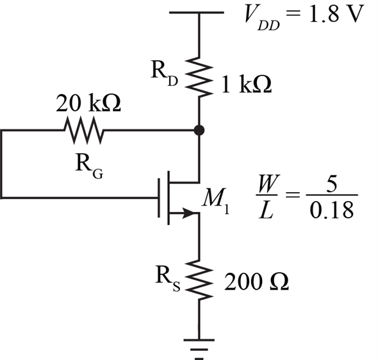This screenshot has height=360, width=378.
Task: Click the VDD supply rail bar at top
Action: pyautogui.click(x=197, y=12)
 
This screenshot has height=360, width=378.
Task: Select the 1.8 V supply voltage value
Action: pyautogui.click(x=335, y=14)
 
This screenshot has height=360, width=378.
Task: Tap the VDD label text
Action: pyautogui.click(x=261, y=17)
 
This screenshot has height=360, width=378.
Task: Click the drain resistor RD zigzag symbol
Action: pyautogui.click(x=199, y=77)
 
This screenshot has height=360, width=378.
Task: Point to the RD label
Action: pyautogui.click(x=165, y=73)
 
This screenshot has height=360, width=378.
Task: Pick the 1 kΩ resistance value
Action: pyautogui.click(x=247, y=85)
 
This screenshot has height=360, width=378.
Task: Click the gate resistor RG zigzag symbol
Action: pyautogui.click(x=83, y=131)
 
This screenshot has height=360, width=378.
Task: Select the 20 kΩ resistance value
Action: pyautogui.click(x=88, y=103)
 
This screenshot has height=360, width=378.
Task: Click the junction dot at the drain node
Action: pyautogui.click(x=199, y=131)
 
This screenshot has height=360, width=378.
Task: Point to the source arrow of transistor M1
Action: pyautogui.click(x=188, y=213)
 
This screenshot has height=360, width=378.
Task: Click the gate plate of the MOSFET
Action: pyautogui.click(x=159, y=198)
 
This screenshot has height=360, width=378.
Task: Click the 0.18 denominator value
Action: pyautogui.click(x=332, y=210)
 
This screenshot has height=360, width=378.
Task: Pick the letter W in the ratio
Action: pyautogui.click(x=268, y=184)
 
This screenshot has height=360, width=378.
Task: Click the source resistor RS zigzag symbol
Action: pyautogui.click(x=199, y=280)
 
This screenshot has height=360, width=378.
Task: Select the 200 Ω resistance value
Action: pyautogui.click(x=256, y=281)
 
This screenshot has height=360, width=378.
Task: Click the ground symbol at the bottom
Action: pyautogui.click(x=199, y=349)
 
